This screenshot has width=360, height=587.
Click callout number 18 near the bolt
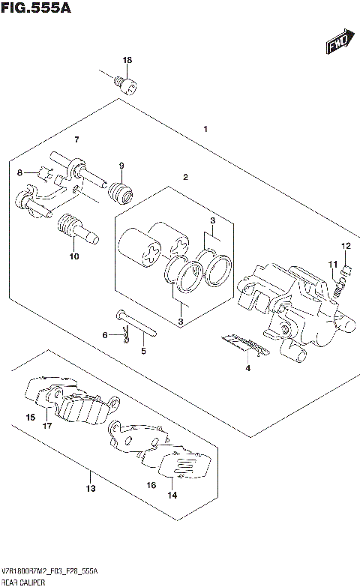(x=127, y=60)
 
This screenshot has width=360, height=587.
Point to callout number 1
(x=205, y=129)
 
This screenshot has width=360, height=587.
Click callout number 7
(x=76, y=140)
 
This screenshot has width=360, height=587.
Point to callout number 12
(x=346, y=246)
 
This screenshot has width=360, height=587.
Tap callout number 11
(x=330, y=263)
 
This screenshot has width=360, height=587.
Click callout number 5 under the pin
(x=142, y=350)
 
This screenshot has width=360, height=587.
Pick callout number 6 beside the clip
(x=106, y=335)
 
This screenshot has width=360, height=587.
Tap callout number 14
(x=172, y=496)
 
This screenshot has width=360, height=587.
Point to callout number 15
(x=30, y=417)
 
